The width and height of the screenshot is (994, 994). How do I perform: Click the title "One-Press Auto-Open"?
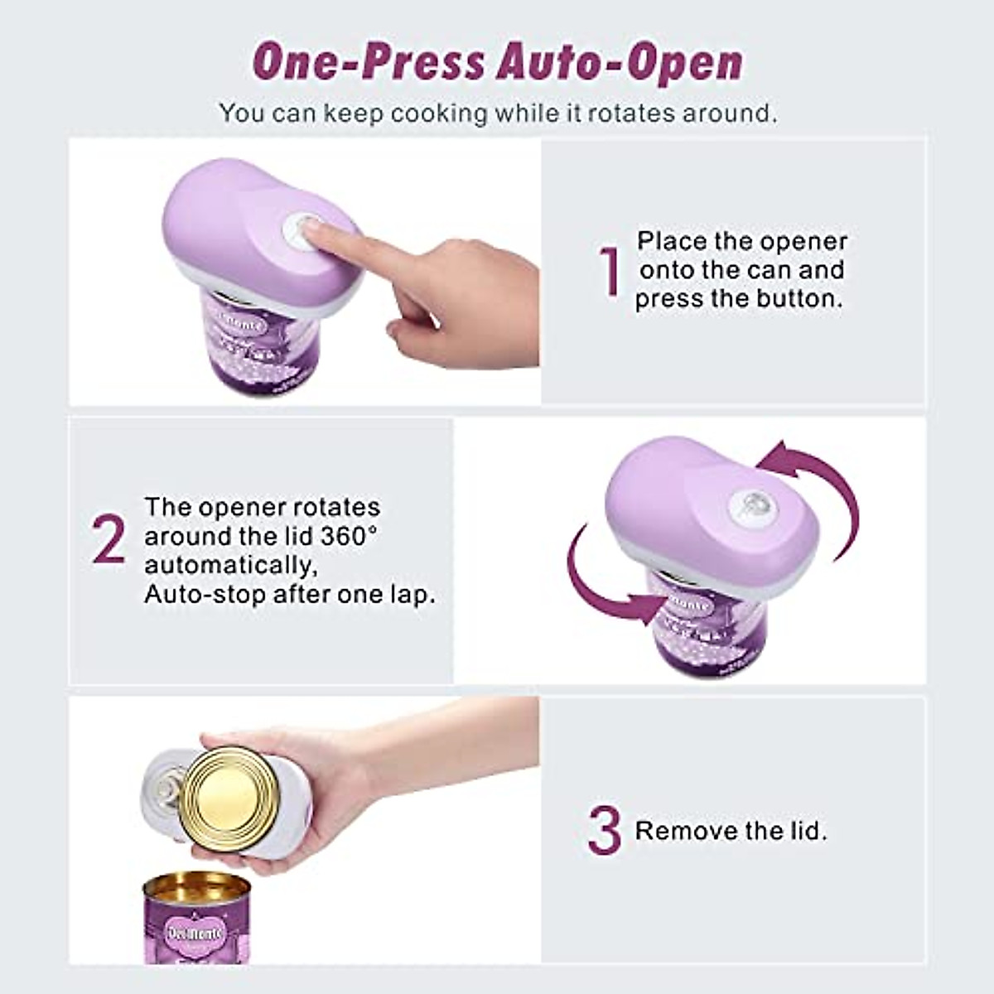497,62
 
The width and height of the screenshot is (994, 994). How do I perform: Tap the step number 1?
610,272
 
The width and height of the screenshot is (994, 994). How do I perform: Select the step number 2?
109,540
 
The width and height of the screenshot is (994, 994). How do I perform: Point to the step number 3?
604,831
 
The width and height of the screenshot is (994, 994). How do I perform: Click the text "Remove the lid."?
731,831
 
